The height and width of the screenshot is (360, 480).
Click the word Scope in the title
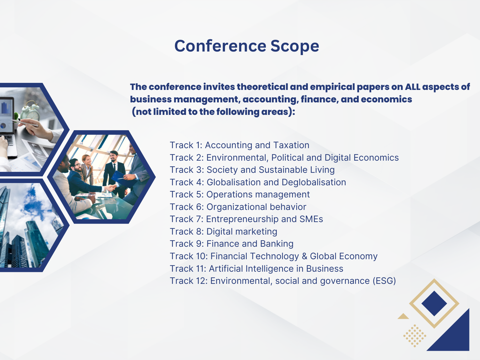(x=295, y=46)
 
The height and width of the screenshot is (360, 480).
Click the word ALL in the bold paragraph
(x=412, y=87)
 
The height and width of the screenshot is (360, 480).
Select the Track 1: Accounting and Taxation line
(x=239, y=145)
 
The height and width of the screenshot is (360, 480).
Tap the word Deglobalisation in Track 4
(x=314, y=182)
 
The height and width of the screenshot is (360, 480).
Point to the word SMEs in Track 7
(x=311, y=219)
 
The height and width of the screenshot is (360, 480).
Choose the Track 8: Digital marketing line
(x=223, y=231)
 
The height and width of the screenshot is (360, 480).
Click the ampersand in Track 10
(x=304, y=256)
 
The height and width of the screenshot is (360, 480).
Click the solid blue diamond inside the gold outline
(x=434, y=303)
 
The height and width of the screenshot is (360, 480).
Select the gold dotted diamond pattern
(x=415, y=336)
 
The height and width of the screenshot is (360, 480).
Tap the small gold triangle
(x=403, y=316)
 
